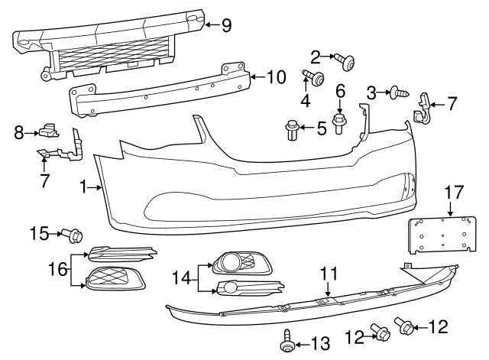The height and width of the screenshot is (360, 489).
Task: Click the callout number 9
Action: pyautogui.click(x=226, y=25)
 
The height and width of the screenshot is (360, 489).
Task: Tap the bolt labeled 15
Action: pyautogui.click(x=74, y=233)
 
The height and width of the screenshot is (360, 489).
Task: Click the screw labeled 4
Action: pyautogui.click(x=315, y=77)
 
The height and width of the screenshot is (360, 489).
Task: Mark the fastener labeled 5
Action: pyautogui.click(x=291, y=130)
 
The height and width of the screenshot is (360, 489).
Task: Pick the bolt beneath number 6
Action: pyautogui.click(x=340, y=123)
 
